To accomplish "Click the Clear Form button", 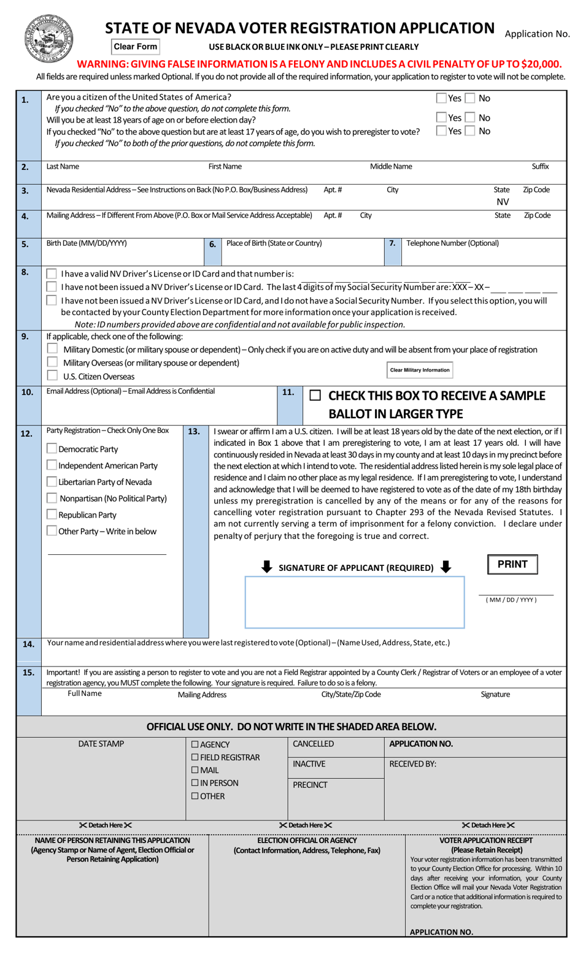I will pyautogui.click(x=136, y=47).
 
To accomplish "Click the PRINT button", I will pyautogui.click(x=512, y=564).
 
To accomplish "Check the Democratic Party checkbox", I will pyautogui.click(x=52, y=449).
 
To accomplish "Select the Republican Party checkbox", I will pyautogui.click(x=52, y=514).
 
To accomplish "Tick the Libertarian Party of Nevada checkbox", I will pyautogui.click(x=52, y=482).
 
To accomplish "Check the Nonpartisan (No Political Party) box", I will pyautogui.click(x=52, y=498).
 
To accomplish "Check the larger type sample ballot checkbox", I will pyautogui.click(x=315, y=396).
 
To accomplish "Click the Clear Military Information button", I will pyautogui.click(x=420, y=370).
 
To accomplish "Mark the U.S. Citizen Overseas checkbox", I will pyautogui.click(x=52, y=375).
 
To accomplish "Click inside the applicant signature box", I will pyautogui.click(x=354, y=602).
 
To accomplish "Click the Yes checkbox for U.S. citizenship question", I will pyautogui.click(x=441, y=98).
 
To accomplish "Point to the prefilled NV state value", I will pyautogui.click(x=503, y=202).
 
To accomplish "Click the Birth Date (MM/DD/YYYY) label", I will pyautogui.click(x=87, y=243).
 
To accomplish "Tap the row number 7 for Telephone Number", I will pyautogui.click(x=392, y=243).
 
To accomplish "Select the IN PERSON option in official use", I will pyautogui.click(x=195, y=783).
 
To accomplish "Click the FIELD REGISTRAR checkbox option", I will pyautogui.click(x=195, y=757).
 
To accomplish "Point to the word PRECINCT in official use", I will pyautogui.click(x=310, y=785).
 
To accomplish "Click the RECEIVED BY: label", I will pyautogui.click(x=412, y=764).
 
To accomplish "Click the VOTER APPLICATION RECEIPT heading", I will pyautogui.click(x=486, y=840).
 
